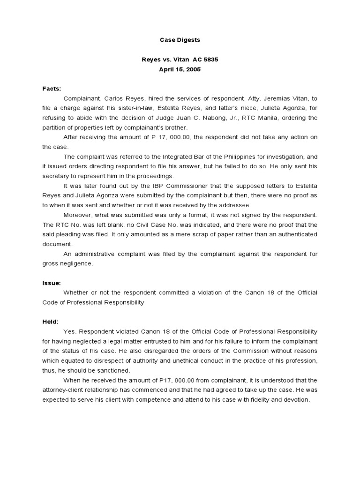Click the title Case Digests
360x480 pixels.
(x=180, y=41)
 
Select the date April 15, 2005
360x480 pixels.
(x=180, y=69)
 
